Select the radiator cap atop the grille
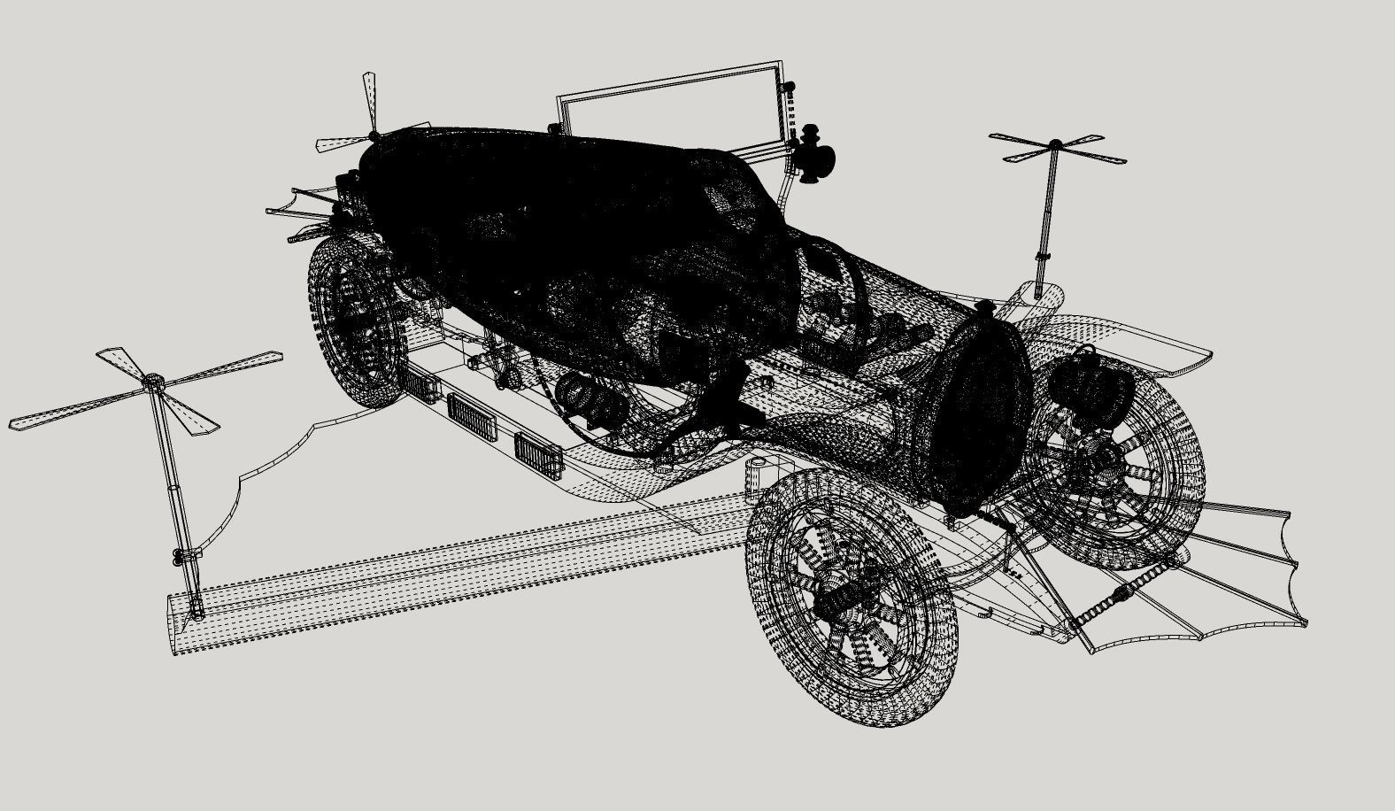click(x=984, y=307)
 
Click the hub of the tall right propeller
click(x=1055, y=143)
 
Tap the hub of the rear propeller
click(x=374, y=135)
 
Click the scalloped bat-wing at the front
click(x=1239, y=575)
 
